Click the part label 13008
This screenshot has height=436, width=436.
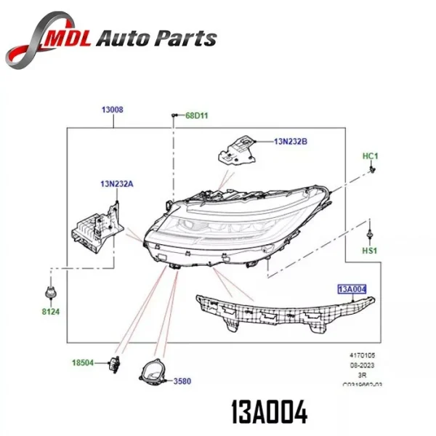click(112, 110)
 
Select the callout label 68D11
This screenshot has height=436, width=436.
click(196, 116)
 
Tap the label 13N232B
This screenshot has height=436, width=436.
click(291, 142)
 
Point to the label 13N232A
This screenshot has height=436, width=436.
click(117, 184)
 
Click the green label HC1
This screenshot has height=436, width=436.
click(371, 156)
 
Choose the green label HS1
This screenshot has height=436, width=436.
click(371, 251)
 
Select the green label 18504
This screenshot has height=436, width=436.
click(82, 362)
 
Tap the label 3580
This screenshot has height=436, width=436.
click(183, 381)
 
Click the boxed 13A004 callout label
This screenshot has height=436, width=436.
click(352, 289)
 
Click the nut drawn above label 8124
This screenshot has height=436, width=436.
click(52, 293)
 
